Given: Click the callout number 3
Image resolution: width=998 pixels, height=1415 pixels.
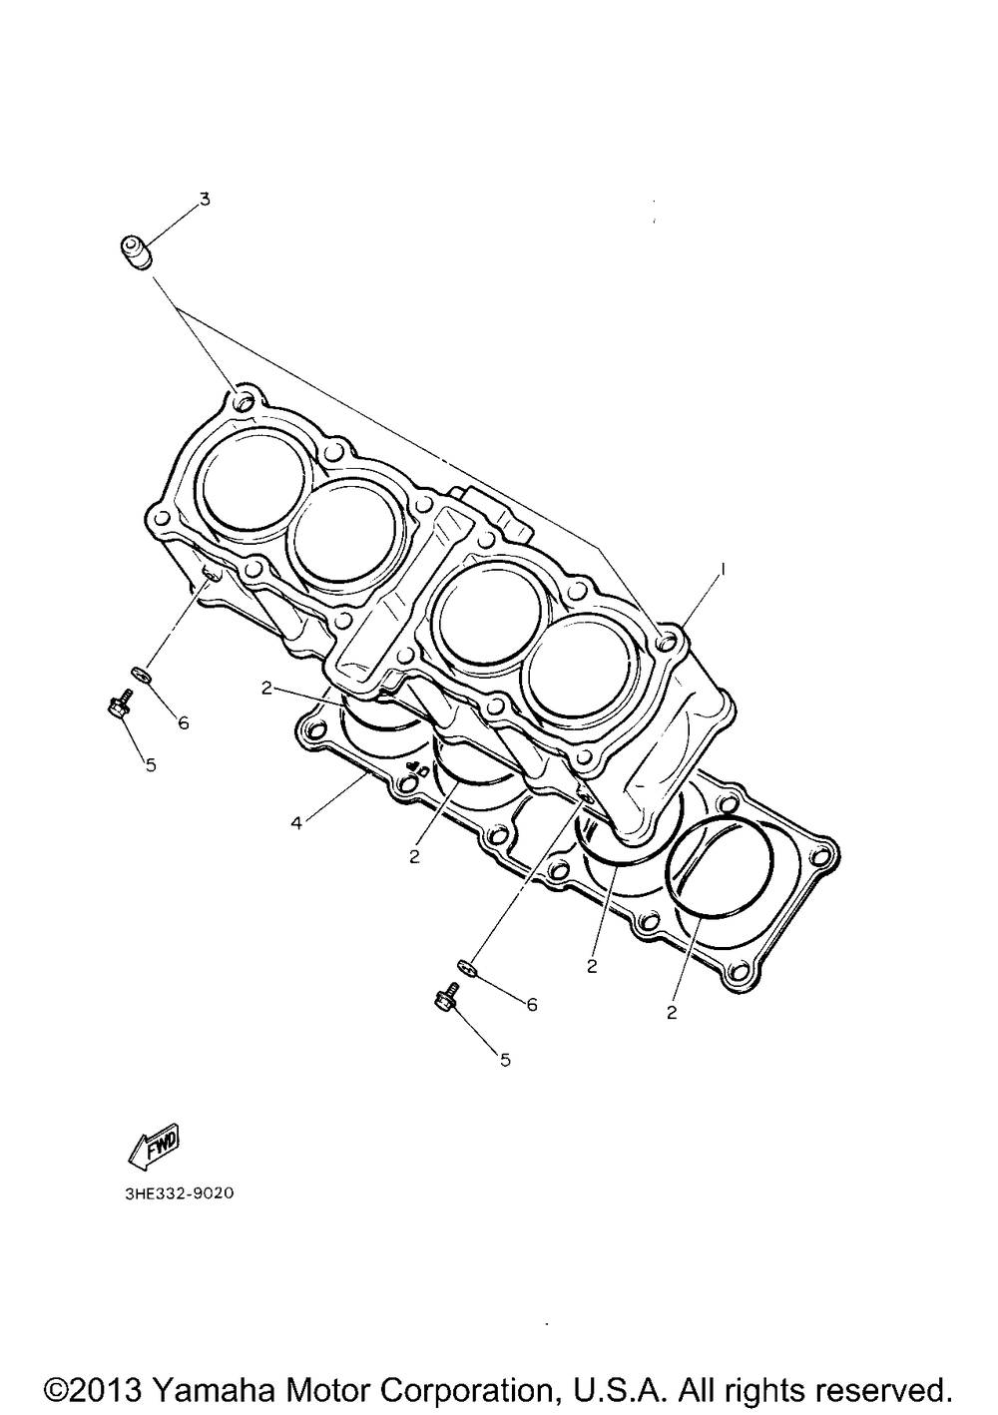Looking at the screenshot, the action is click(x=204, y=199).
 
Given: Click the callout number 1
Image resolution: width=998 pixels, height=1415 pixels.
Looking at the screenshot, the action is click(x=724, y=571).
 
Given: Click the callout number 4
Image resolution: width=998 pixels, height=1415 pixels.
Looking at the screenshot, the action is click(x=295, y=823).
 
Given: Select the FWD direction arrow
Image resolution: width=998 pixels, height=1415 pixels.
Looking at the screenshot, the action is click(x=154, y=1145).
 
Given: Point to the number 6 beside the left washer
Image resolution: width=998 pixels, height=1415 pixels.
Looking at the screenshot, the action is click(x=184, y=723).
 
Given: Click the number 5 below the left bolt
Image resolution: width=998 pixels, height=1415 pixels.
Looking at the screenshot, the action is click(x=151, y=765).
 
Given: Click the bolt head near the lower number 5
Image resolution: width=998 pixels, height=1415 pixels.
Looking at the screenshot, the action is click(x=445, y=1000).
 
